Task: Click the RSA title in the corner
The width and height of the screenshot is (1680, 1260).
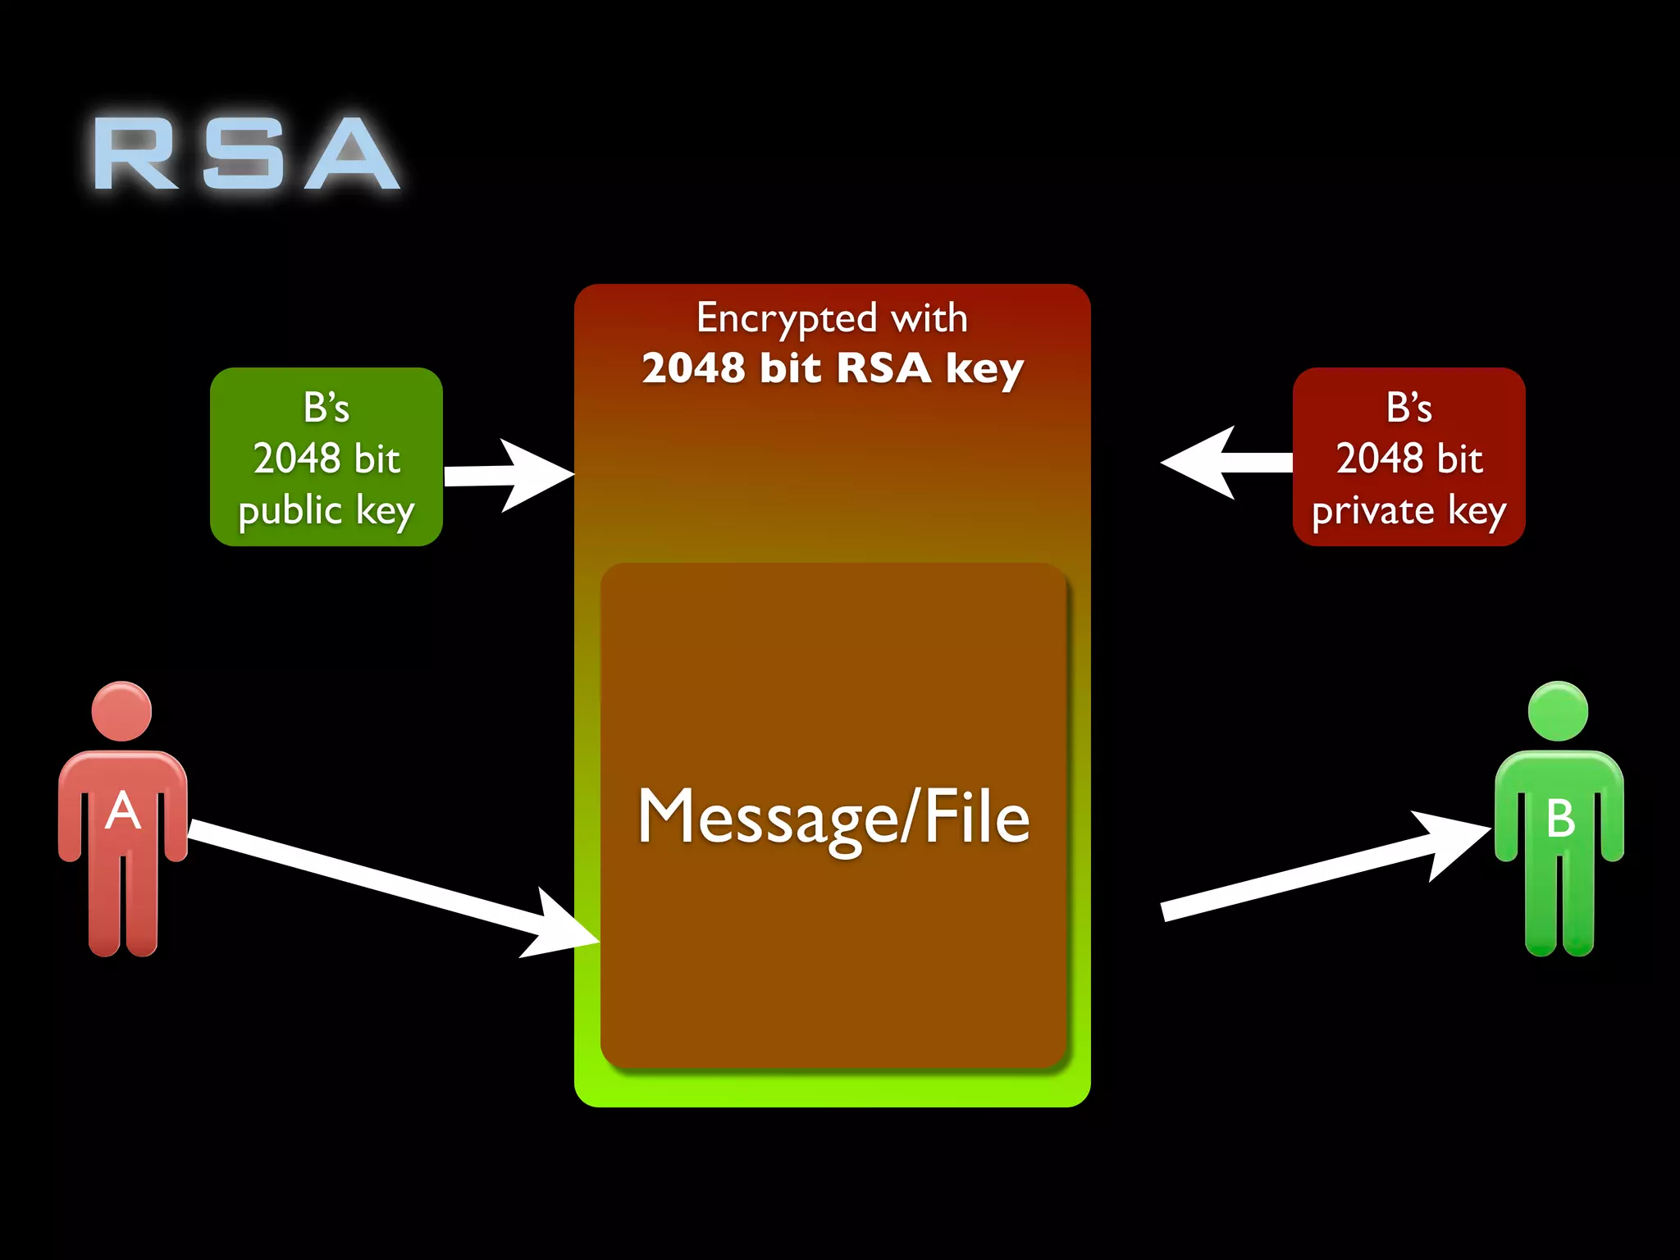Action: [x=246, y=153]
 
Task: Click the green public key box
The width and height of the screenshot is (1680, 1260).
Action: [x=326, y=457]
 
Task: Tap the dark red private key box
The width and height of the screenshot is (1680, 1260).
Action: [x=1408, y=457]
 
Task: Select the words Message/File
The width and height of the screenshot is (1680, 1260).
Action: [x=833, y=817]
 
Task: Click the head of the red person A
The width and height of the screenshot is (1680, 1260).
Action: [x=122, y=711]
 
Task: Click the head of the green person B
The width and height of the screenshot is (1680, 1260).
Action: [x=1558, y=711]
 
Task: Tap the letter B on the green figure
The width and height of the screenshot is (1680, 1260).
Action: [x=1559, y=818]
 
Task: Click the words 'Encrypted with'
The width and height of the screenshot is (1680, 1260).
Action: [x=832, y=317]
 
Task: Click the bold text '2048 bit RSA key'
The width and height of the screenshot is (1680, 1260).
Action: [x=833, y=367]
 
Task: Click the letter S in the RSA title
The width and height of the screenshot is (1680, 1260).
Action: [x=244, y=153]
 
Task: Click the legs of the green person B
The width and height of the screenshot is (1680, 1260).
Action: [x=1559, y=911]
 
